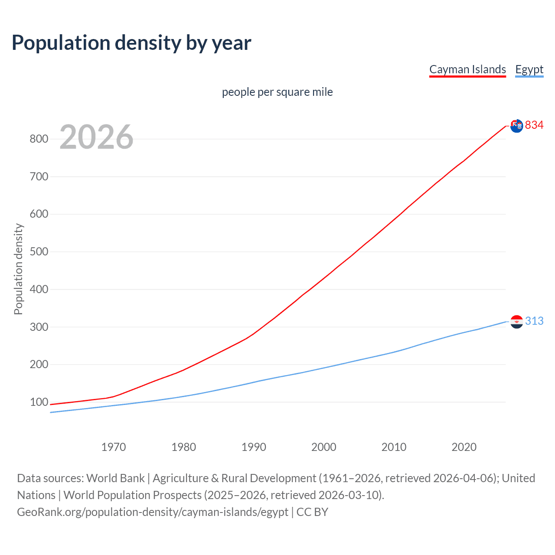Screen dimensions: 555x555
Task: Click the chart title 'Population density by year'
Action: coord(131,43)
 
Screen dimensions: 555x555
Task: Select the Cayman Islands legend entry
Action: coord(467,69)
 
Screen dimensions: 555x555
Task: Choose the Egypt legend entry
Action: coord(529,69)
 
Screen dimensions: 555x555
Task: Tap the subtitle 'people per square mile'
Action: coord(277,92)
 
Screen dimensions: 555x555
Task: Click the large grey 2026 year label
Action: coord(96,137)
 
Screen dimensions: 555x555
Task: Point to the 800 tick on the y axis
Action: coord(39,139)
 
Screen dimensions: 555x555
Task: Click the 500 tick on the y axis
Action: coord(39,252)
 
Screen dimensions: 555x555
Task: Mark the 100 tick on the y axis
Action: coord(39,402)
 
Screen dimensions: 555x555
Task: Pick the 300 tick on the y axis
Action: coord(39,327)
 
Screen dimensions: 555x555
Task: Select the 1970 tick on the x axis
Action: coord(114,447)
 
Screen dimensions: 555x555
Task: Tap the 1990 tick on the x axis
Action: coord(254,447)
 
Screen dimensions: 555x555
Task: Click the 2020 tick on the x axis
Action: coord(464,447)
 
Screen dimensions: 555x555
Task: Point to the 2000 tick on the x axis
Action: coord(324,447)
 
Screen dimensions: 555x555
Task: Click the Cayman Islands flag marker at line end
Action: coord(516,126)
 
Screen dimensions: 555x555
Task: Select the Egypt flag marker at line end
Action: coord(516,322)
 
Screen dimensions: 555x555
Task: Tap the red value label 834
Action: coord(534,125)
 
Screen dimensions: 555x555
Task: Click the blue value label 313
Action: coord(534,321)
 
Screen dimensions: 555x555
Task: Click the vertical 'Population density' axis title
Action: coord(18,269)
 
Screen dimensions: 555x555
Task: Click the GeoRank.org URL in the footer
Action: coord(153,512)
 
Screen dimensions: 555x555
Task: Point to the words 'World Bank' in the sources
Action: coord(115,478)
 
